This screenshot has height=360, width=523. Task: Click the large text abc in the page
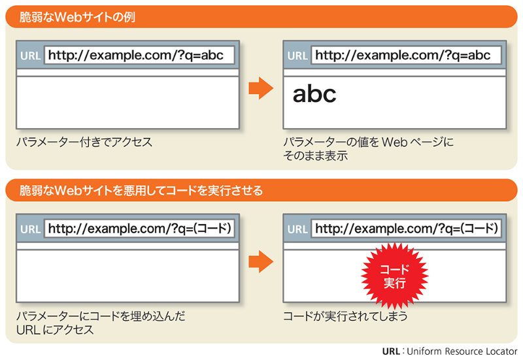314,94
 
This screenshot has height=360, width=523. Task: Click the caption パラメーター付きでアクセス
84,142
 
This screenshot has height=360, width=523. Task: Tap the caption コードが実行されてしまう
345,317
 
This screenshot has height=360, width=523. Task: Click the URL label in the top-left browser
30,56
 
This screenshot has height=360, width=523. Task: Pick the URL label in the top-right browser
297,56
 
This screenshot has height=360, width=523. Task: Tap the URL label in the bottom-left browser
30,229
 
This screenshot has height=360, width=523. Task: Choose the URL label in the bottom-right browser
297,229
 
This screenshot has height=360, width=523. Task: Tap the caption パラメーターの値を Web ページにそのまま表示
367,148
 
